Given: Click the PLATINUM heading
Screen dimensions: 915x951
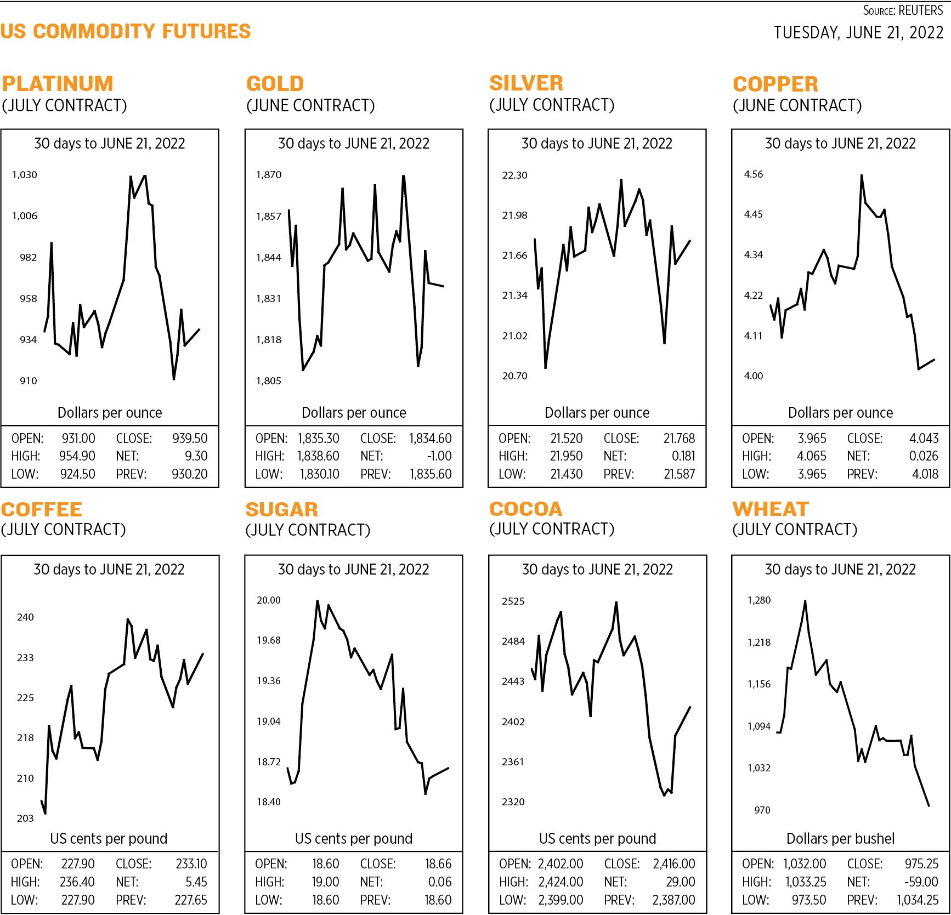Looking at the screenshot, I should pos(58,84).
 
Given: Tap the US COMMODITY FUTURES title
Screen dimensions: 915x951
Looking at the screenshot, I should pos(126,31).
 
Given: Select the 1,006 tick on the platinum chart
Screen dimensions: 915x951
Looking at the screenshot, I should pos(25,216).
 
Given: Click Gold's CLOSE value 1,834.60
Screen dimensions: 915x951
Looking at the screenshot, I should pos(431,439).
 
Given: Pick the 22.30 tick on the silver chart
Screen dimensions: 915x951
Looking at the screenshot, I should pos(514,175).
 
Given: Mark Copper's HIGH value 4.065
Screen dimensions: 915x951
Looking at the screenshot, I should pos(811,456).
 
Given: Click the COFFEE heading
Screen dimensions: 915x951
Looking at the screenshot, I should pos(42,509).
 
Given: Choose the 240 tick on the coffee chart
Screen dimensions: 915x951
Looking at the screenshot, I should pos(25,617).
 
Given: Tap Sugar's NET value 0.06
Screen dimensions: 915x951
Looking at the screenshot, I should pos(440,882).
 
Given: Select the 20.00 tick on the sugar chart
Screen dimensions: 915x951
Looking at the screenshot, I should pos(269,600).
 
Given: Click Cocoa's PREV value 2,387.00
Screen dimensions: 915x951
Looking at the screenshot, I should pos(673,900).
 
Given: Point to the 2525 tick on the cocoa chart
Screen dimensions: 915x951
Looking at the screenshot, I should pos(513,601).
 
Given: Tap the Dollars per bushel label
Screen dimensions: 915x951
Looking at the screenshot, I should pos(840,839).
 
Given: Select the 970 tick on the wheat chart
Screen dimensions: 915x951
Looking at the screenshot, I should pos(762,810).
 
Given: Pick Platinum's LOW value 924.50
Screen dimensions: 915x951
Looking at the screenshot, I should pos(77,474).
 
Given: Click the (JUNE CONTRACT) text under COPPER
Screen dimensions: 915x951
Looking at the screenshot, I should pos(797,105).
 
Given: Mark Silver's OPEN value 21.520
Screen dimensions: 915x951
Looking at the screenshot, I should pos(567,439).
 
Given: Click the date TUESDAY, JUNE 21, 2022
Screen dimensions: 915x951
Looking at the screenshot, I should pos(858,33).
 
